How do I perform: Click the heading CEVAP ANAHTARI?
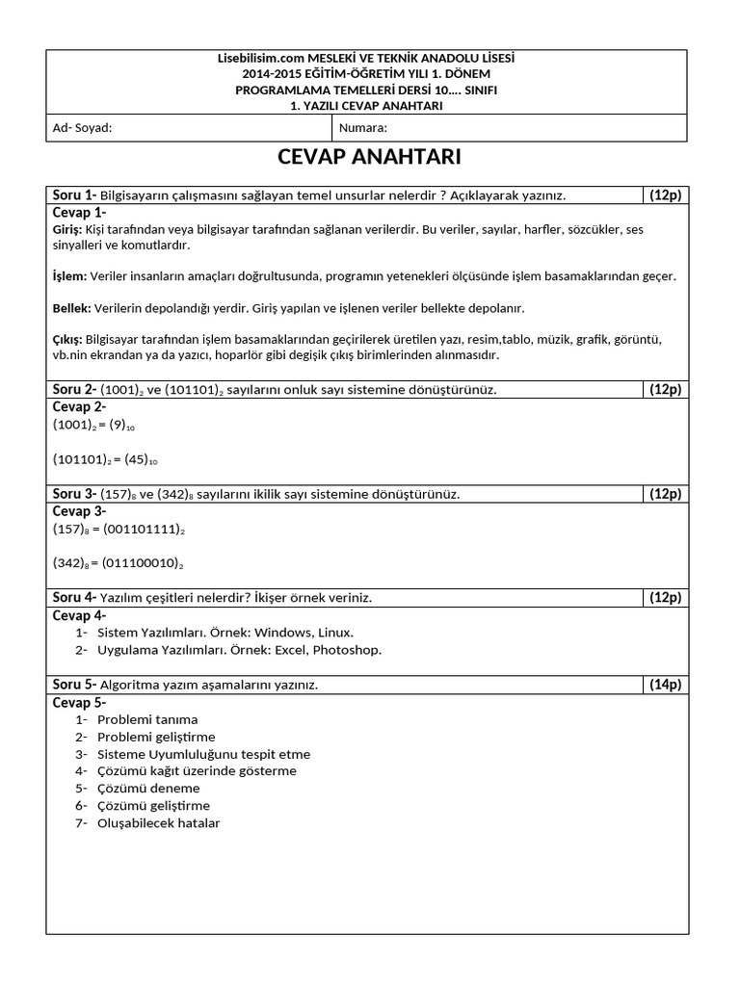click(x=369, y=157)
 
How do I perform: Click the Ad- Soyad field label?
click(x=82, y=127)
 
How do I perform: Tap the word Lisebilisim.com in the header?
click(x=256, y=60)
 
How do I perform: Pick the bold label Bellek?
click(x=71, y=308)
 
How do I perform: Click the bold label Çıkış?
click(x=67, y=340)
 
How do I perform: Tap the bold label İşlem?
click(x=69, y=276)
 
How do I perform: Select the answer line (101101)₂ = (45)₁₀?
click(x=106, y=459)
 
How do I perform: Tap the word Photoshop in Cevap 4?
click(x=347, y=650)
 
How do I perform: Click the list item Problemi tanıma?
click(x=147, y=719)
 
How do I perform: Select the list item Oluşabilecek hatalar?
click(x=159, y=823)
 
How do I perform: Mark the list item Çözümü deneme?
click(x=148, y=789)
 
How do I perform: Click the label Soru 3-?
click(x=74, y=494)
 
